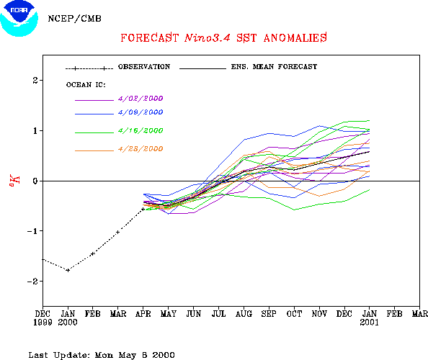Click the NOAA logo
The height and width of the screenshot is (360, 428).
pos(19,19)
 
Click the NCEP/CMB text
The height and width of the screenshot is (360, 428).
pos(74,19)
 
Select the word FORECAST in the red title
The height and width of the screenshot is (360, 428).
pos(150,37)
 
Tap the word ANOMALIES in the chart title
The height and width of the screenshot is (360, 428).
pos(295,37)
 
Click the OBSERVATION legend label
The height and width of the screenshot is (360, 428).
pos(144,67)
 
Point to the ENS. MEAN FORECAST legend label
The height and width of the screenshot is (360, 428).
pos(274,67)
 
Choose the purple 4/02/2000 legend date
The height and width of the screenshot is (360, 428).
pos(141,99)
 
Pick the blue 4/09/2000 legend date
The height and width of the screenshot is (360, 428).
pos(141,112)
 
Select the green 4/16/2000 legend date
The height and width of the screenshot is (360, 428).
pos(141,130)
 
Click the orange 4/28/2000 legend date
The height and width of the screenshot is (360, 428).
pos(141,149)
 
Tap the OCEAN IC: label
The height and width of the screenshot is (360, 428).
pos(86,85)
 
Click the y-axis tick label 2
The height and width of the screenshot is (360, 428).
pos(35,81)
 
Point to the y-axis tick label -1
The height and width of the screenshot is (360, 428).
pos(32,231)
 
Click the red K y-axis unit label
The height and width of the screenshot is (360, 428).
pos(14,181)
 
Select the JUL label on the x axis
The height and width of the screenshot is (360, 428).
pos(218,314)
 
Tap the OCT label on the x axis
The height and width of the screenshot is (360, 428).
pos(294,314)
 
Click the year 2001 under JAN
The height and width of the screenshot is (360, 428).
pos(370,323)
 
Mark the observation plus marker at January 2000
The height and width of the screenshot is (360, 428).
pos(68,270)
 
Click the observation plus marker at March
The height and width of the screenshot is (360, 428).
pos(118,233)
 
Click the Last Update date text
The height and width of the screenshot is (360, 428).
pos(102,355)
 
